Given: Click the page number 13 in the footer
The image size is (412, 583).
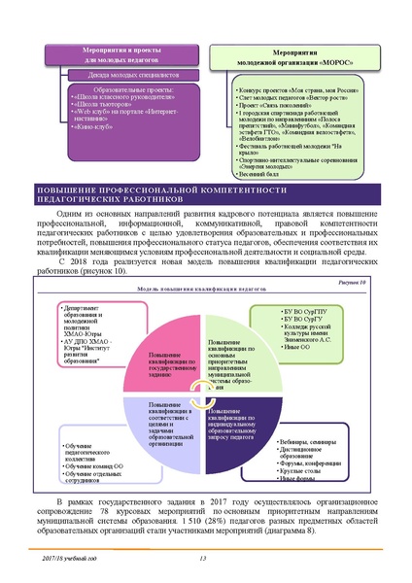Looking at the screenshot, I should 204,556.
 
